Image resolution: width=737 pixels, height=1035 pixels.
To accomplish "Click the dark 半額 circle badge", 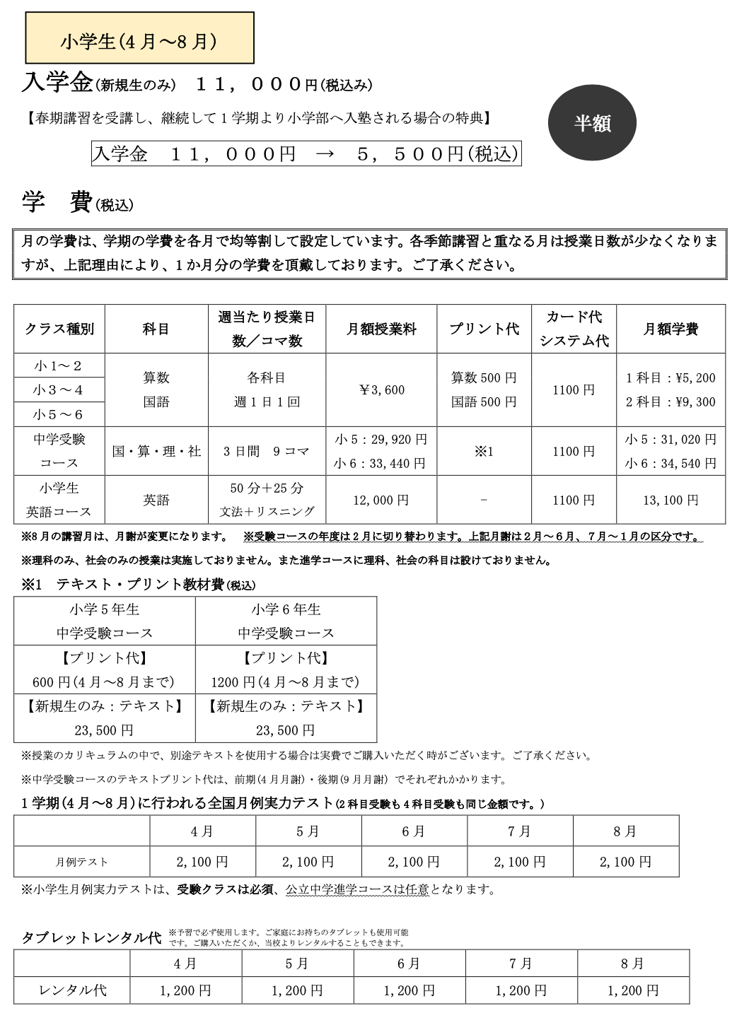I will click(x=592, y=123).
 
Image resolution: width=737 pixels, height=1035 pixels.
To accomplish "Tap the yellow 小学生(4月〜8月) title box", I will click(x=139, y=41).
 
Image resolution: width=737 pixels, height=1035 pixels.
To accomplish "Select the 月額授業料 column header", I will click(x=381, y=329).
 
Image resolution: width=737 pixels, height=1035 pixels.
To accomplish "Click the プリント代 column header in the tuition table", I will click(x=484, y=329).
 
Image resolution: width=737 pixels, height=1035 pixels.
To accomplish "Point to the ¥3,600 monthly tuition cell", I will click(x=381, y=390).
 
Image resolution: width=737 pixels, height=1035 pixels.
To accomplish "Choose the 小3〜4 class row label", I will click(x=59, y=390).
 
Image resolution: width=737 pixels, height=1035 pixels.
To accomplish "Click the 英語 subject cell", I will click(x=156, y=500).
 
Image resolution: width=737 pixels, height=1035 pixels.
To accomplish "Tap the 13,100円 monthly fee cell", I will click(x=671, y=500).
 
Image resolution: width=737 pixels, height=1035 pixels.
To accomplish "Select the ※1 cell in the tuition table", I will click(x=484, y=451).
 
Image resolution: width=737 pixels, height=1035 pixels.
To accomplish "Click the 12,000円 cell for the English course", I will click(x=381, y=500).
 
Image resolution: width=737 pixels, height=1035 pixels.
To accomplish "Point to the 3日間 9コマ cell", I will click(x=267, y=451).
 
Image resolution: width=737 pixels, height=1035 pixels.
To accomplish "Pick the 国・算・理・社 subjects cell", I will click(x=156, y=451).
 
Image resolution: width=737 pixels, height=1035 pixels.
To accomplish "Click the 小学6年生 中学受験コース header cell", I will click(x=286, y=621).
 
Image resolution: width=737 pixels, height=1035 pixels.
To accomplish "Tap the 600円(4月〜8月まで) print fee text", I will click(x=104, y=682).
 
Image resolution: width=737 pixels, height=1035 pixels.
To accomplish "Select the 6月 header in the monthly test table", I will click(x=414, y=831).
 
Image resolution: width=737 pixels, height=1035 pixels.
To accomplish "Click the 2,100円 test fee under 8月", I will click(x=625, y=862).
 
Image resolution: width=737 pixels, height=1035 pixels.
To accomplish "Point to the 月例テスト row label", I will click(x=82, y=862).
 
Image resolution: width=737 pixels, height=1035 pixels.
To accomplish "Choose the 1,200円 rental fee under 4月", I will click(x=185, y=990).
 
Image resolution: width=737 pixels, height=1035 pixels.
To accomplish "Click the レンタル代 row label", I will click(x=72, y=990).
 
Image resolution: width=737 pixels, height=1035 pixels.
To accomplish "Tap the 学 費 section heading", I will click(x=57, y=203).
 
